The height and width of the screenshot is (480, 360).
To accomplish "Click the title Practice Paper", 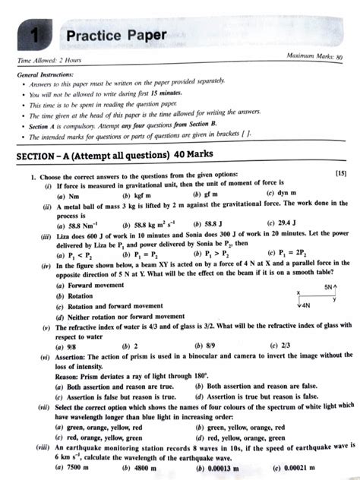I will click(115, 35).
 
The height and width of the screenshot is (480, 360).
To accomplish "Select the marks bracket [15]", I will click(341, 175).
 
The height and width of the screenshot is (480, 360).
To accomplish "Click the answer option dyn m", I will click(287, 194).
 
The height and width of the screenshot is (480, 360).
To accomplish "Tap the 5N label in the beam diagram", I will click(327, 288).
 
